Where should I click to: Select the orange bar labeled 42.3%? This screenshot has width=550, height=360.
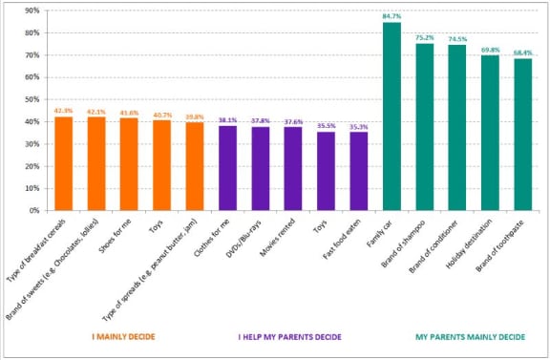click(x=64, y=163)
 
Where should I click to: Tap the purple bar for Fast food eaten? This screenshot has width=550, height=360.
click(x=359, y=171)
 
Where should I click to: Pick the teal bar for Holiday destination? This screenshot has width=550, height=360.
click(x=490, y=133)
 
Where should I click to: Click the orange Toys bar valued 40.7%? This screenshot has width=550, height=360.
click(x=162, y=165)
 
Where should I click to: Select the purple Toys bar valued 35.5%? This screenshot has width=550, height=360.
click(x=327, y=171)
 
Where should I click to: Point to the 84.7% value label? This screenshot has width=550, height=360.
click(x=391, y=15)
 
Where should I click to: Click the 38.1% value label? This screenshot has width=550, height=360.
click(x=227, y=119)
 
